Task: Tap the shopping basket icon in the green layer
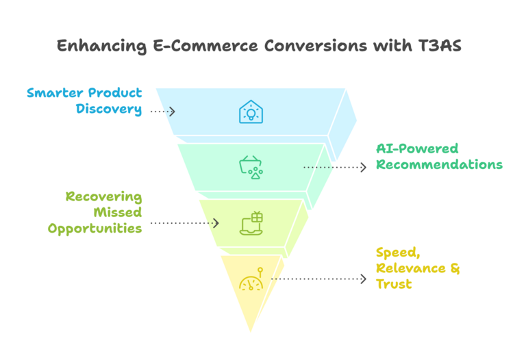click(x=250, y=167)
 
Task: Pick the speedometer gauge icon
click(x=250, y=281)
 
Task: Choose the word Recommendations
click(x=439, y=165)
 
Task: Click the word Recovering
click(x=103, y=197)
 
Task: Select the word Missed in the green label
click(x=117, y=213)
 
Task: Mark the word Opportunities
click(x=95, y=229)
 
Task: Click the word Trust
click(x=394, y=283)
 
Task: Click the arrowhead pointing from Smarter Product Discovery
click(x=172, y=111)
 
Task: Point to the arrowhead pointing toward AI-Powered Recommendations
click(x=362, y=167)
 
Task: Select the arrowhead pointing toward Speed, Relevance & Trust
click(x=362, y=279)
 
